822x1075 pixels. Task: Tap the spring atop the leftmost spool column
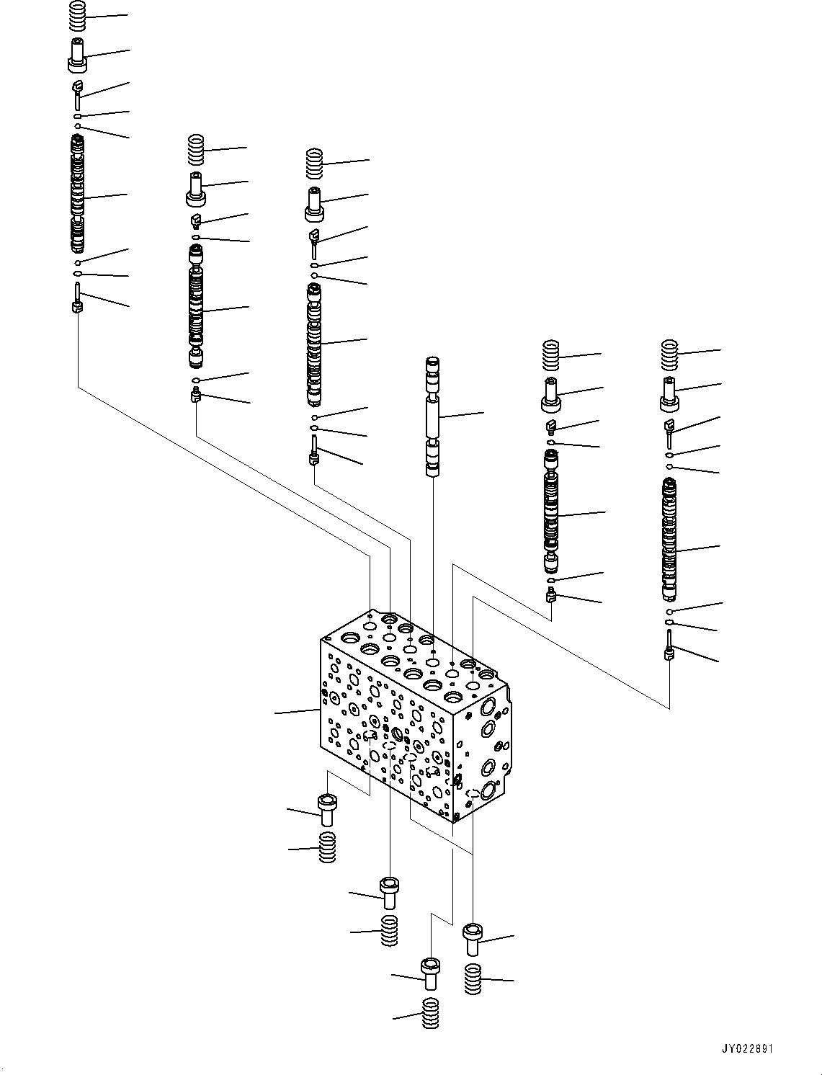(78, 16)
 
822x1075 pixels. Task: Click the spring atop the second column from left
(195, 150)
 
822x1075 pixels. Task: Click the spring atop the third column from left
(315, 164)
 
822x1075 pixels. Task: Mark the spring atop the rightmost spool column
(670, 354)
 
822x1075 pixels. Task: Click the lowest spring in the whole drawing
(431, 1014)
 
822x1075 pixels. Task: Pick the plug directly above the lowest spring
(430, 974)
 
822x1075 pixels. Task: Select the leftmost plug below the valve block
(326, 810)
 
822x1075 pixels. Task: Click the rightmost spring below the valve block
(473, 978)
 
